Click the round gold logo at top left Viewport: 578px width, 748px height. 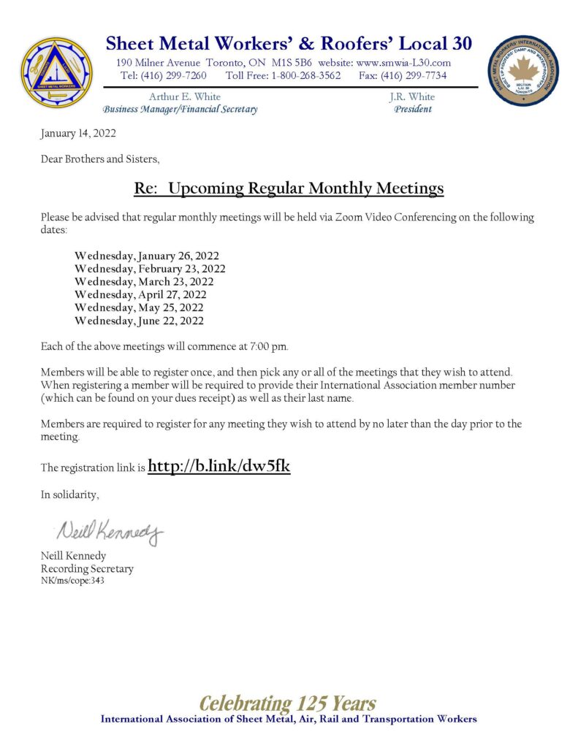56,73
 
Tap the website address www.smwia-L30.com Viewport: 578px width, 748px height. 403,63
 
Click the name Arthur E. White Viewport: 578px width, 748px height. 184,96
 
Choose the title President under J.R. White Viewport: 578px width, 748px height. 413,110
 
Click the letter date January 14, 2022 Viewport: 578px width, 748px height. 78,133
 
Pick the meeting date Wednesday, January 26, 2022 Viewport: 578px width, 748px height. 147,256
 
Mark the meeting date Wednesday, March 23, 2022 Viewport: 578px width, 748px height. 144,281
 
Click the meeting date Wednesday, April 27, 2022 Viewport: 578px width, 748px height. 140,294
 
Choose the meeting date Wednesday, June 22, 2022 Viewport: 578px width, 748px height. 139,321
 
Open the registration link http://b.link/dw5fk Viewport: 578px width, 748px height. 219,466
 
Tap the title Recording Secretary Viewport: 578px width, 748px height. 87,568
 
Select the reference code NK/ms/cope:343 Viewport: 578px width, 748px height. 72,581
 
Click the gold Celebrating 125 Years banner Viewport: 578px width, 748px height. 288,703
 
